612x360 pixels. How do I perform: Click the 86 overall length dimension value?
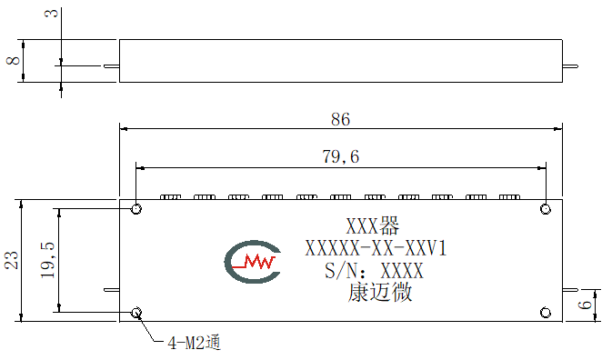tap(340, 119)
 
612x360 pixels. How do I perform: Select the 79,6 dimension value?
tap(341, 156)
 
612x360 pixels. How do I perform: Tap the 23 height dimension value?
tap(12, 260)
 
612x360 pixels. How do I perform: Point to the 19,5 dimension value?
tap(47, 260)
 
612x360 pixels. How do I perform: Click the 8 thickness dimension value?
tap(14, 61)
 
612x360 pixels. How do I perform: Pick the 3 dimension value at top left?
tap(52, 14)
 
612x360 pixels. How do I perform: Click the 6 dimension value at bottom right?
tap(585, 305)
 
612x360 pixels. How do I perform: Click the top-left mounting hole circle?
tap(136, 209)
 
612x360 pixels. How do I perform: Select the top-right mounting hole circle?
tap(546, 209)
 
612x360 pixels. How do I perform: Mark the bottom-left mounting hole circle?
tap(136, 313)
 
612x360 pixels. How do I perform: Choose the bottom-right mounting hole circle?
tap(546, 313)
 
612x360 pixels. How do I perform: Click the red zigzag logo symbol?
tap(255, 262)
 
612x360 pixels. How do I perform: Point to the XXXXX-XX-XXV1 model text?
tap(376, 248)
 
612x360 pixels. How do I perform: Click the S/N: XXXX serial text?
tap(375, 270)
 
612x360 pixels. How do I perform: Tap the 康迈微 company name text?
tap(380, 293)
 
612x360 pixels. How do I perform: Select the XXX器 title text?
tap(373, 225)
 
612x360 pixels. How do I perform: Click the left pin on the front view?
tap(112, 290)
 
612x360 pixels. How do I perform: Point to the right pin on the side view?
tap(570, 66)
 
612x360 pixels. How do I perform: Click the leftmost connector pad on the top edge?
tap(171, 197)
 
